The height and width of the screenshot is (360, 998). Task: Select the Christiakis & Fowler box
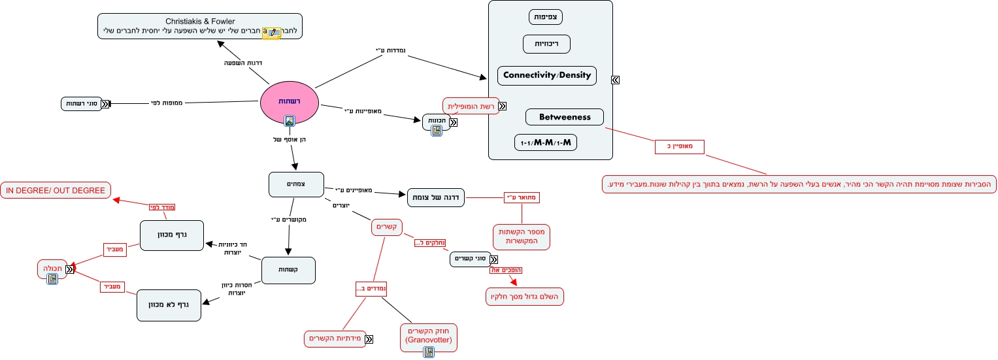click(x=200, y=26)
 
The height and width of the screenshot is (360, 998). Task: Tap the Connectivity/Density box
click(x=546, y=75)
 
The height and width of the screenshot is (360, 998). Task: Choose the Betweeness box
click(x=564, y=117)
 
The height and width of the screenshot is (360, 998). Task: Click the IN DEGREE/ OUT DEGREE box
click(x=56, y=190)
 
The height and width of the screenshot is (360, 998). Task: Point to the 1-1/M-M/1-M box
click(x=546, y=142)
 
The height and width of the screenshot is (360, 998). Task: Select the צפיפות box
click(x=546, y=17)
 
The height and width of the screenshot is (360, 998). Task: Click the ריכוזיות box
click(x=546, y=44)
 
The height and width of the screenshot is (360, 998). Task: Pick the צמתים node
click(x=296, y=184)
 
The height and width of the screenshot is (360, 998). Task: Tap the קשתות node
click(x=288, y=270)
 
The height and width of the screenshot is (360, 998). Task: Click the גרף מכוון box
click(x=171, y=235)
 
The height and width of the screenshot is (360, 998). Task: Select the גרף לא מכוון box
click(x=168, y=305)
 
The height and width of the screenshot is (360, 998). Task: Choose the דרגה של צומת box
click(x=436, y=197)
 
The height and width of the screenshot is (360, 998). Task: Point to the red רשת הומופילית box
click(x=471, y=106)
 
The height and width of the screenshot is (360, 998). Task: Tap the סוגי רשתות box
click(x=83, y=103)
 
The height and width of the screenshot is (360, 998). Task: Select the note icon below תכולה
click(x=52, y=278)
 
